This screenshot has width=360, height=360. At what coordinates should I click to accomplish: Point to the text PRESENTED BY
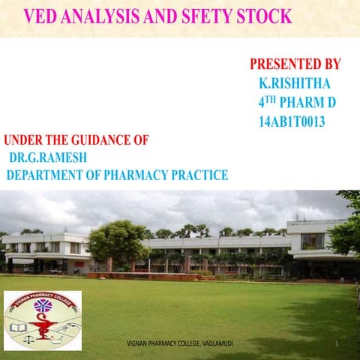click(x=295, y=64)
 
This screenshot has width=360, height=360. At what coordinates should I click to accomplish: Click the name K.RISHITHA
click(x=294, y=82)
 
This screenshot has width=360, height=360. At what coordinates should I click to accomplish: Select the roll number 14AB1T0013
click(x=291, y=121)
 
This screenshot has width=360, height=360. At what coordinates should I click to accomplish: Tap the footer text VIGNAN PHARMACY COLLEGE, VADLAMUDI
click(x=180, y=343)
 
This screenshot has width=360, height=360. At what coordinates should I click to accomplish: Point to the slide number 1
click(x=338, y=343)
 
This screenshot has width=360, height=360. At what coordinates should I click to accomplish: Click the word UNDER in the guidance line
click(x=22, y=139)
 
